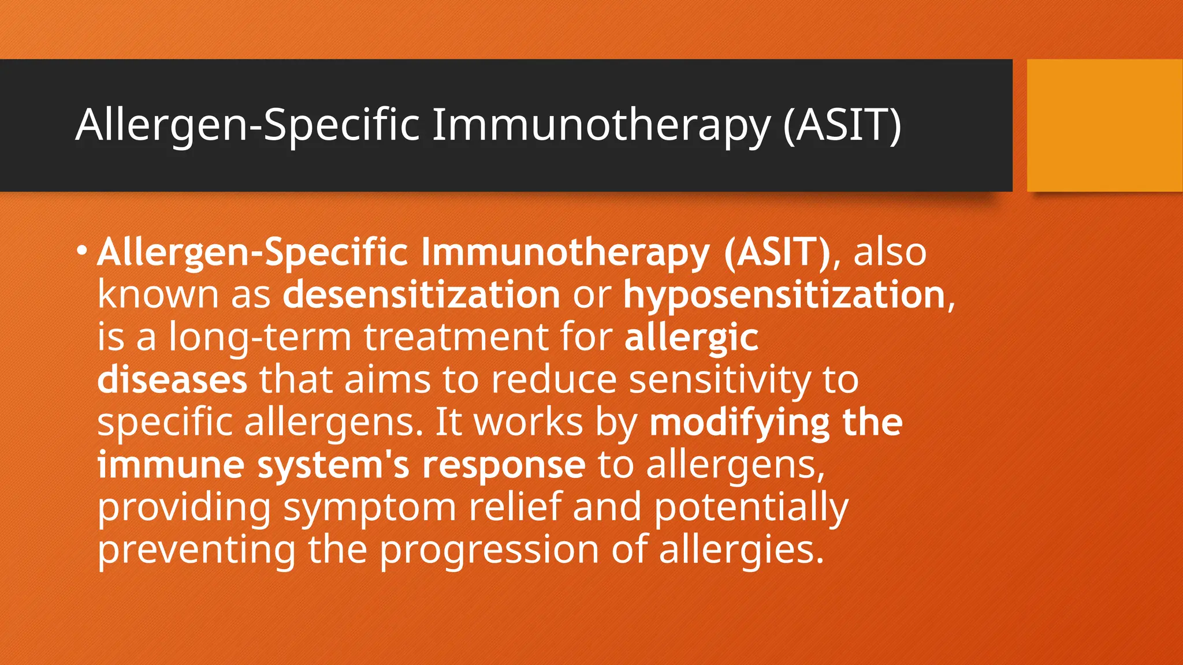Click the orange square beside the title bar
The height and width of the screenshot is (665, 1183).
1104,125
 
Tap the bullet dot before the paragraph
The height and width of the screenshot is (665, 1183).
82,251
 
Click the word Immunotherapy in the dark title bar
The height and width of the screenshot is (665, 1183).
601,125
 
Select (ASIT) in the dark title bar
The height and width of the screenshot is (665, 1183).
842,125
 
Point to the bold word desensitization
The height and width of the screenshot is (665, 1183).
421,294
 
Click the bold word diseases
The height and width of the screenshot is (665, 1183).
172,380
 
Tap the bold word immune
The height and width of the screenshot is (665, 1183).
171,465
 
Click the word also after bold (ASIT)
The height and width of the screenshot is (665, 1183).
890,252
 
